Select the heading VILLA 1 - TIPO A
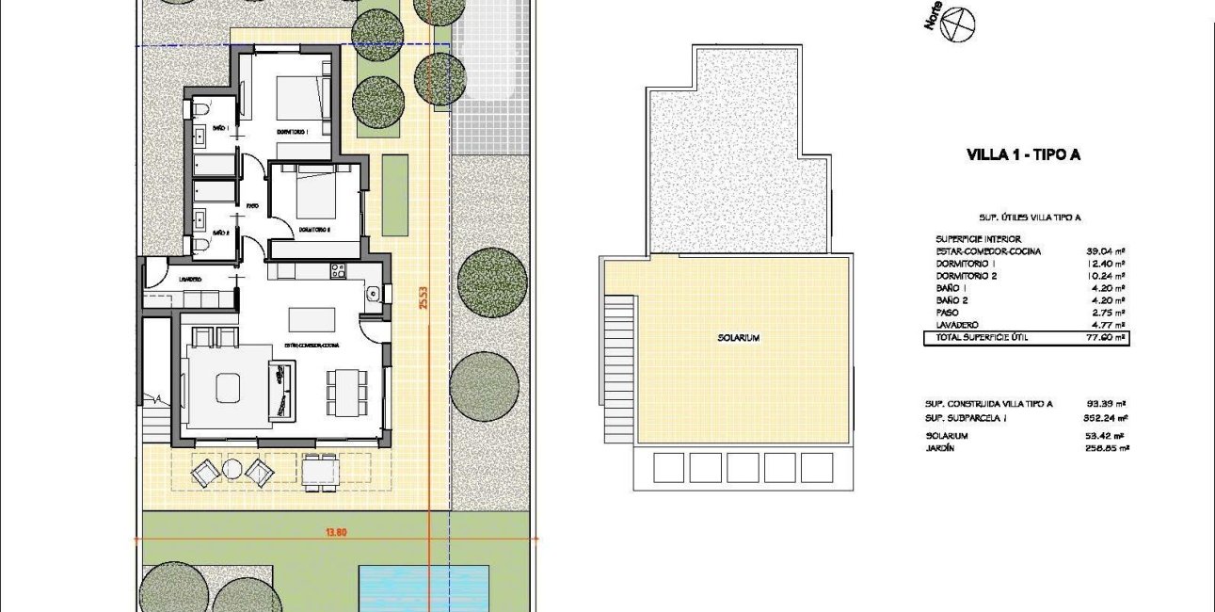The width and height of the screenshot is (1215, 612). (x=1023, y=156)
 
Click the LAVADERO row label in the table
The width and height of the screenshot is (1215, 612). (x=958, y=324)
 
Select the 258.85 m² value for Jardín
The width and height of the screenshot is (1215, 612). (x=1106, y=448)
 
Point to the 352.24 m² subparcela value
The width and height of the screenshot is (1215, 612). (x=1106, y=417)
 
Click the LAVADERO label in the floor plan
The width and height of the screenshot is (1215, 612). (x=190, y=279)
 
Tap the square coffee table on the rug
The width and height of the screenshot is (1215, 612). (x=228, y=386)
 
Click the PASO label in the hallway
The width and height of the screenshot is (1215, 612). (x=252, y=205)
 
